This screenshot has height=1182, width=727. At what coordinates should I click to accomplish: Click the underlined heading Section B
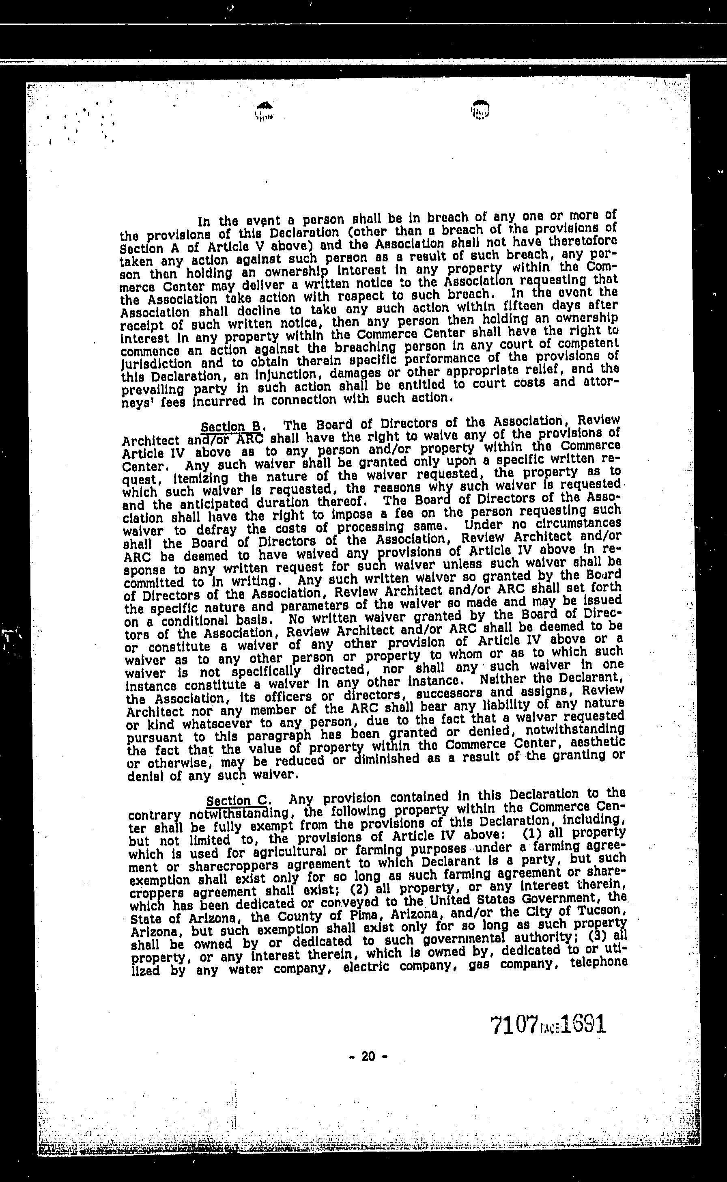tap(231, 427)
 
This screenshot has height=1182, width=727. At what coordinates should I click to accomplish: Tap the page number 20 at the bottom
tap(368, 1056)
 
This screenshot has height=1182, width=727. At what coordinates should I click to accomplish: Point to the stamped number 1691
tap(582, 1024)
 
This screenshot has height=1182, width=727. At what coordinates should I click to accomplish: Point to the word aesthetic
tap(602, 743)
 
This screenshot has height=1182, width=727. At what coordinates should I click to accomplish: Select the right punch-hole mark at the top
tap(480, 109)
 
